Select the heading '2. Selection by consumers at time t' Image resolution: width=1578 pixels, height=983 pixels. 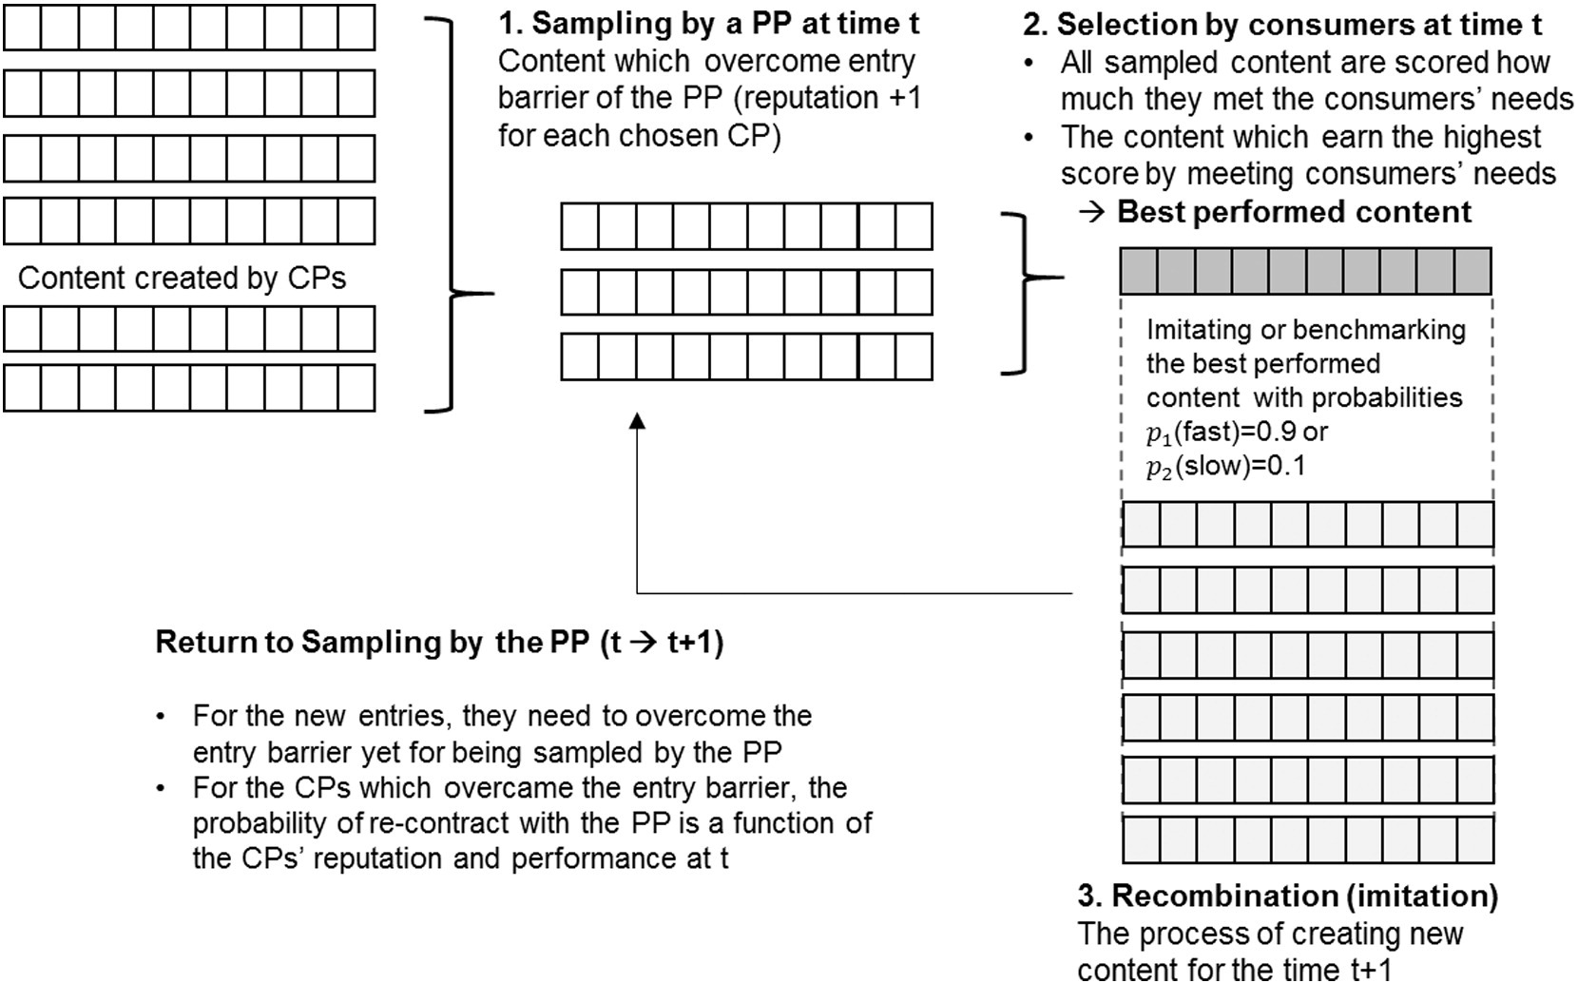click(x=1282, y=24)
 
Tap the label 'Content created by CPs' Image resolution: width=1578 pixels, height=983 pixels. click(x=182, y=278)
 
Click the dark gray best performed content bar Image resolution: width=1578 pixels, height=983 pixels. click(x=1305, y=271)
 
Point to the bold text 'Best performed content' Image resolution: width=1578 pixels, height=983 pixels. click(x=1294, y=211)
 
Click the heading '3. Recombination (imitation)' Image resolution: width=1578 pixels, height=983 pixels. click(x=1287, y=896)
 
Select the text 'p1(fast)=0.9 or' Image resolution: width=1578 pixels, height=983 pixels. click(x=1237, y=433)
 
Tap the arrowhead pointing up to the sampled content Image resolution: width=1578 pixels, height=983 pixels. click(x=638, y=419)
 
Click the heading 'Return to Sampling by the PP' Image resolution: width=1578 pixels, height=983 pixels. click(x=439, y=643)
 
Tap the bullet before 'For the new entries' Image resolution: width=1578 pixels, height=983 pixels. click(x=164, y=716)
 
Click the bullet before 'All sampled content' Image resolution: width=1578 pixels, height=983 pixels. click(x=1030, y=63)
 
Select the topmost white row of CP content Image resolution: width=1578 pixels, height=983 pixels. click(x=189, y=28)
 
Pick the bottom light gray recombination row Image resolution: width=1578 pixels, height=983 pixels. click(x=1307, y=840)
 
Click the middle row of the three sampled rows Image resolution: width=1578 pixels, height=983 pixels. click(x=746, y=292)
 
